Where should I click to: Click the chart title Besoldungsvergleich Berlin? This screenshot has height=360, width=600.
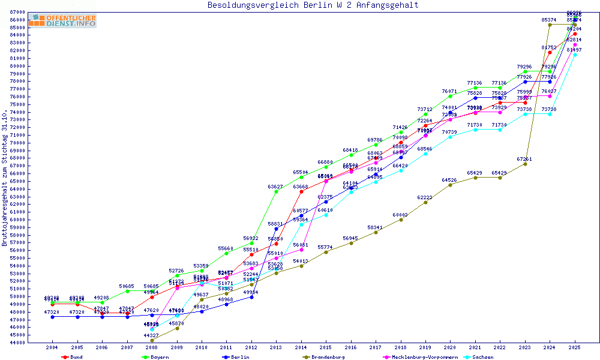[x=313, y=5]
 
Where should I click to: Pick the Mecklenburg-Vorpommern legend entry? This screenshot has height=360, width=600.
[x=424, y=357]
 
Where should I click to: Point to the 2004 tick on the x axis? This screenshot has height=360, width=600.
[x=52, y=347]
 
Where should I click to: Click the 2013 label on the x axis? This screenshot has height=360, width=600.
[x=276, y=347]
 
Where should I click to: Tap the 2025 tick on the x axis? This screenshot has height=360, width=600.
[x=575, y=347]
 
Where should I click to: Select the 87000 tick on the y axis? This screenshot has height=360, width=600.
[x=16, y=12]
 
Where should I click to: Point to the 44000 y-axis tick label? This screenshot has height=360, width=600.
[x=16, y=343]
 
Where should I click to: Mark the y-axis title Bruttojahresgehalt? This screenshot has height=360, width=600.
[x=5, y=178]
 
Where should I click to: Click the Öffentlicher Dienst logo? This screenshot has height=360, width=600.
[x=62, y=21]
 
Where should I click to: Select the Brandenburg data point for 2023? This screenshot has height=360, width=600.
[x=525, y=164]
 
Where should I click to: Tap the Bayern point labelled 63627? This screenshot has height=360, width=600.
[x=276, y=191]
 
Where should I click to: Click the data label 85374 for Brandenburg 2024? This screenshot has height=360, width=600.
[x=548, y=20]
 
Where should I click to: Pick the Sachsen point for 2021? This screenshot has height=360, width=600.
[x=475, y=130]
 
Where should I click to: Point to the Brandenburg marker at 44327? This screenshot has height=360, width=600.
[x=152, y=340]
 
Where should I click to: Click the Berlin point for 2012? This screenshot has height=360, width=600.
[x=251, y=297]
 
